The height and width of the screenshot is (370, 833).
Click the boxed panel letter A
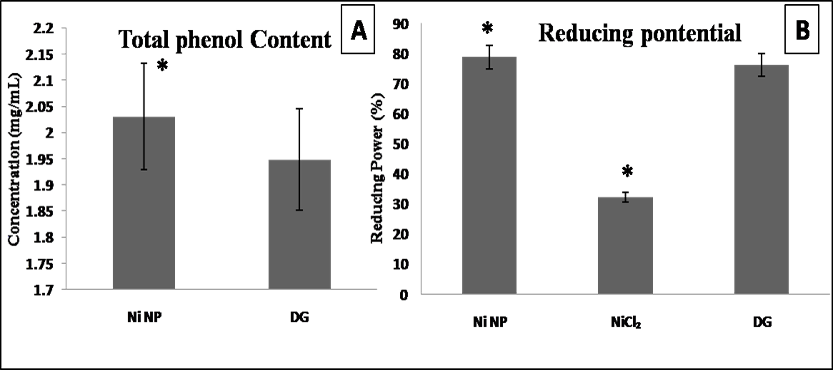pyautogui.click(x=358, y=30)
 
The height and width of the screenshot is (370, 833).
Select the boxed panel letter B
pyautogui.click(x=802, y=30)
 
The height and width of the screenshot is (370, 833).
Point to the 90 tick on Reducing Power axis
pyautogui.click(x=400, y=24)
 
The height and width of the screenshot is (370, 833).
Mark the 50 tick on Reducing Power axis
pyautogui.click(x=400, y=144)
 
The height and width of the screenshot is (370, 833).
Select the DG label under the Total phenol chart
pyautogui.click(x=300, y=318)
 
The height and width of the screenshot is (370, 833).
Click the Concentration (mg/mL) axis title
pyautogui.click(x=14, y=160)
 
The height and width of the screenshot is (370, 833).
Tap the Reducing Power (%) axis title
pyautogui.click(x=377, y=168)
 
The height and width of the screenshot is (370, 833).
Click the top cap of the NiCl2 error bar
pyautogui.click(x=626, y=192)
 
